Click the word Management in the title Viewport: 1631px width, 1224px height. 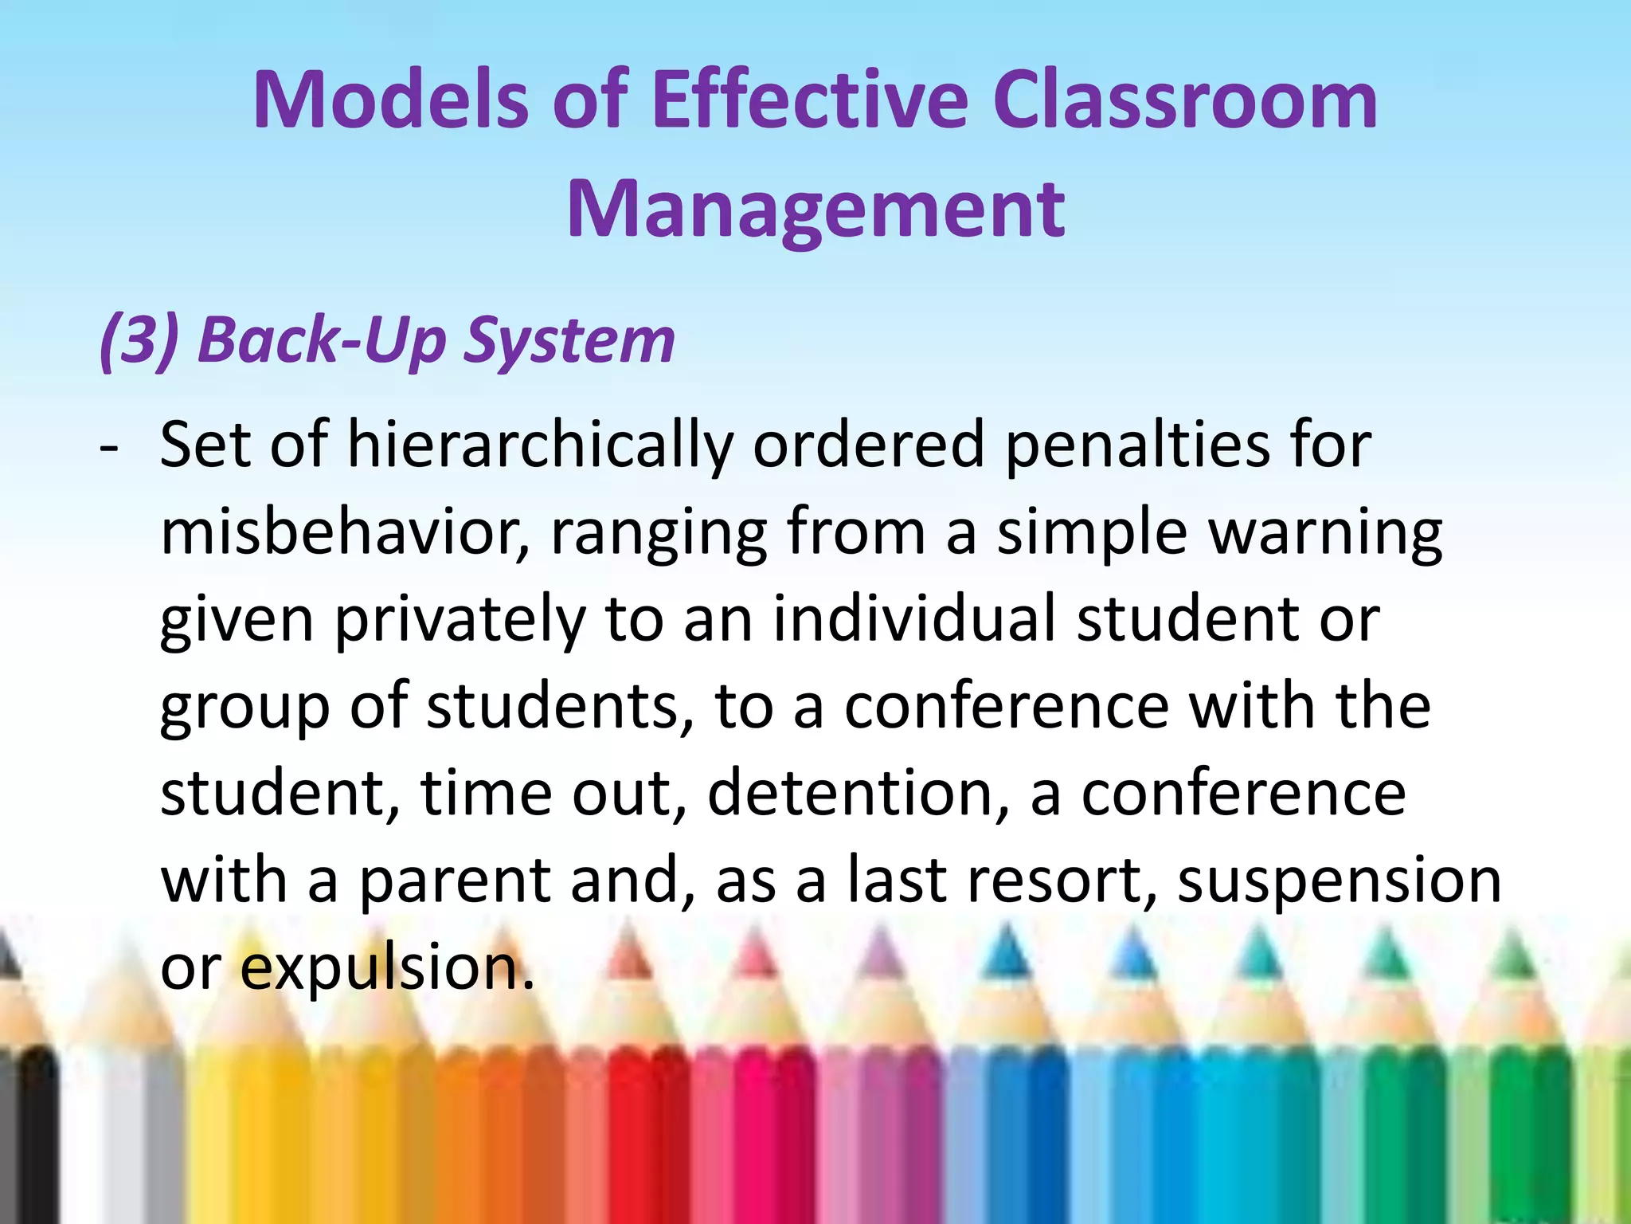click(x=815, y=209)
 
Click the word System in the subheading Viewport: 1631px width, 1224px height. click(x=569, y=341)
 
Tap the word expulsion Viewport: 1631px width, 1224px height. click(x=387, y=968)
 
